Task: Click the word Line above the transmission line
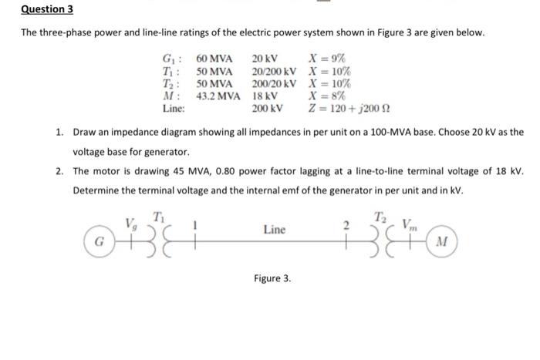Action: click(x=275, y=230)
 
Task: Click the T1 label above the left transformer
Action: click(x=158, y=216)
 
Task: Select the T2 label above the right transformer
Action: click(x=380, y=216)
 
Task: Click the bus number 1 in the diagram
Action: click(x=197, y=224)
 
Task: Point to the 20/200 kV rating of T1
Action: click(x=274, y=71)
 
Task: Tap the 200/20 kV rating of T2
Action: click(x=274, y=83)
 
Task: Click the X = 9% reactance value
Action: click(x=326, y=59)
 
